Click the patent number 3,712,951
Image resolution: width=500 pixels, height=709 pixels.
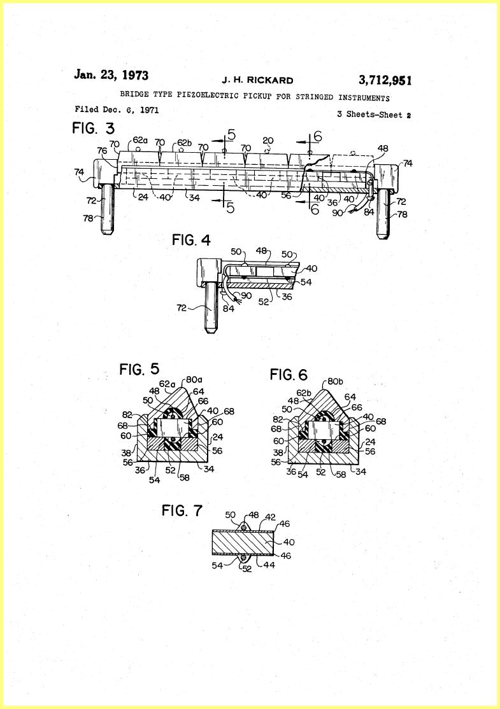click(x=385, y=80)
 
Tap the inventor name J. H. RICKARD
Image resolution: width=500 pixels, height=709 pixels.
click(x=257, y=80)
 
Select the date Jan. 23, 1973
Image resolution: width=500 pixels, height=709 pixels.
click(x=111, y=74)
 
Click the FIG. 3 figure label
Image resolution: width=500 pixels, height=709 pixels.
click(x=94, y=129)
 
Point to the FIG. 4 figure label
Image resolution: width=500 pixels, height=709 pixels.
click(x=192, y=240)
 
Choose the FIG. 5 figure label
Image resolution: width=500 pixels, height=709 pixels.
click(x=139, y=369)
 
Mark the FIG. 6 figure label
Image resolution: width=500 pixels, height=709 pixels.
click(x=289, y=374)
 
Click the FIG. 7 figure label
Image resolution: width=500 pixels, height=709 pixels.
click(x=182, y=510)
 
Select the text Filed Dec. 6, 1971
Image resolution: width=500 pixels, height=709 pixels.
click(x=117, y=109)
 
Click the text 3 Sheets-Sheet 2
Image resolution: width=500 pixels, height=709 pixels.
click(x=374, y=115)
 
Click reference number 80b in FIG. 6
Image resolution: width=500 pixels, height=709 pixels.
click(x=335, y=382)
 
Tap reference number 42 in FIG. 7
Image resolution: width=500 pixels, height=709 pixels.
click(x=271, y=516)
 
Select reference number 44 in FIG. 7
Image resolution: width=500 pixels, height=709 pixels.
click(x=269, y=565)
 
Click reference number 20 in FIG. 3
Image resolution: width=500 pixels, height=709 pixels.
click(x=268, y=141)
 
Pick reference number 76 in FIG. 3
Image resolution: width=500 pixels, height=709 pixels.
click(x=103, y=151)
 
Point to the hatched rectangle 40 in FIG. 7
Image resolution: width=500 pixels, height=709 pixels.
click(x=243, y=542)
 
